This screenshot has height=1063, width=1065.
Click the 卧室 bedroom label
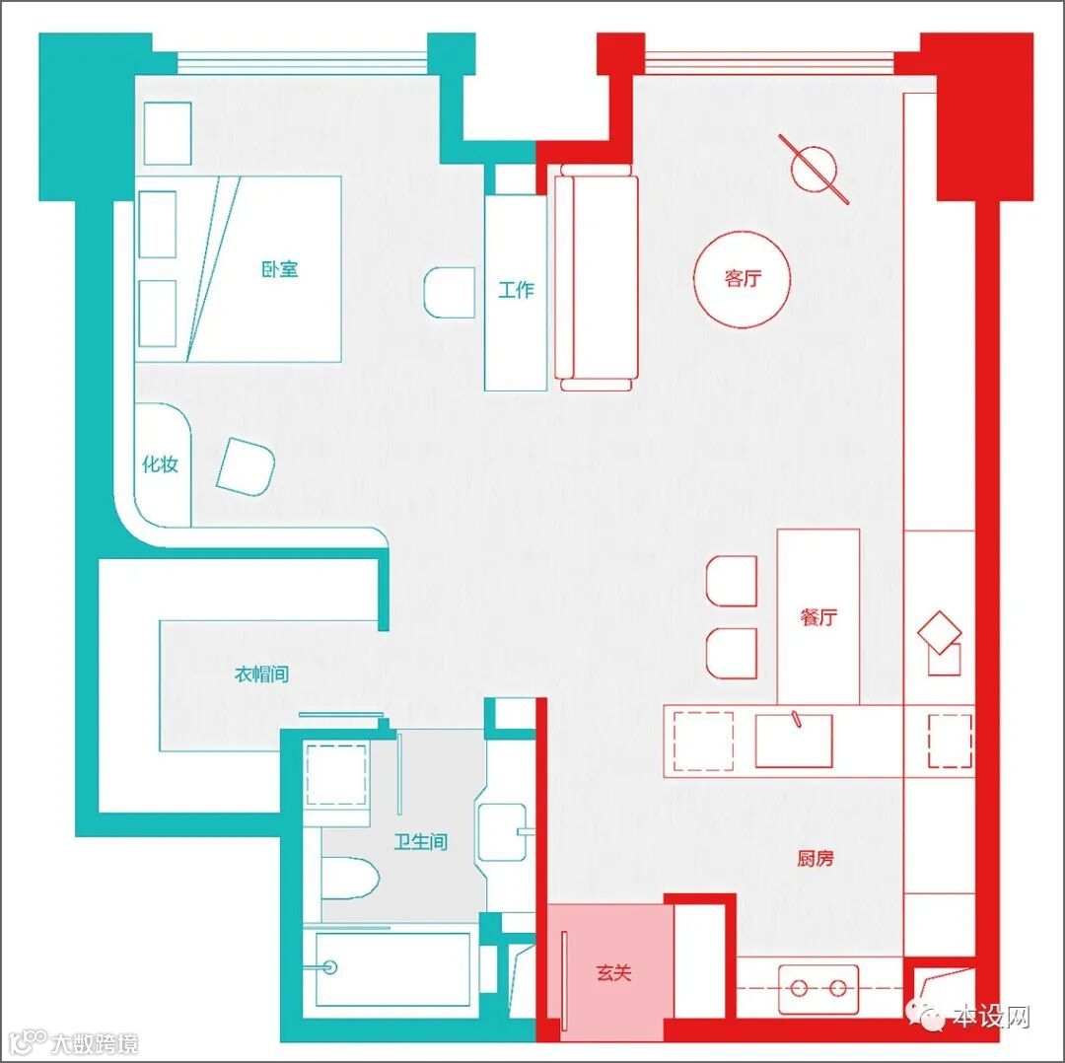pyautogui.click(x=280, y=269)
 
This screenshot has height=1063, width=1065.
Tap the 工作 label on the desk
pyautogui.click(x=516, y=290)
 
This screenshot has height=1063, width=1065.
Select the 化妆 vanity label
pyautogui.click(x=161, y=463)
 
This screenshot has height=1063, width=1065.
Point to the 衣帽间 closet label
pyautogui.click(x=261, y=673)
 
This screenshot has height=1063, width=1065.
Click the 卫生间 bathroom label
pyautogui.click(x=421, y=841)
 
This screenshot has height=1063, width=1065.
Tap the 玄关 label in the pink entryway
pyautogui.click(x=614, y=972)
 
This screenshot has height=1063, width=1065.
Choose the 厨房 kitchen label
pyautogui.click(x=816, y=859)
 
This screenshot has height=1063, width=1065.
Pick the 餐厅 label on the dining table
pyautogui.click(x=818, y=616)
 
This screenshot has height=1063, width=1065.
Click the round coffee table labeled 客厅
pyautogui.click(x=743, y=279)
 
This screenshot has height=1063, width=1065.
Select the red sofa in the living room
pyautogui.click(x=597, y=277)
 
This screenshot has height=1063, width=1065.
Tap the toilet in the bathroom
pyautogui.click(x=350, y=879)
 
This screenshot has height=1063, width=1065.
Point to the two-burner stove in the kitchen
pyautogui.click(x=818, y=988)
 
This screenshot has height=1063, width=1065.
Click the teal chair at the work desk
pyautogui.click(x=450, y=292)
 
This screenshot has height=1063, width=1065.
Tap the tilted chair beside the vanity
pyautogui.click(x=246, y=466)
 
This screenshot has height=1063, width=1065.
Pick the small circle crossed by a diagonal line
pyautogui.click(x=814, y=169)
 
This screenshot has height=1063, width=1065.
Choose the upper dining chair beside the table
pyautogui.click(x=732, y=581)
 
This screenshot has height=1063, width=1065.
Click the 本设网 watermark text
pyautogui.click(x=990, y=1017)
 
